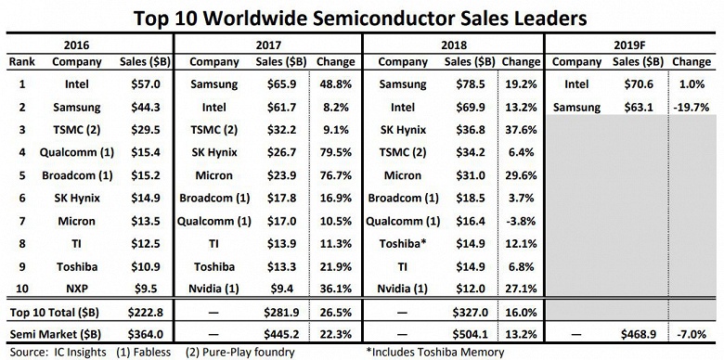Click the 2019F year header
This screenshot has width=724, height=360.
click(634, 44)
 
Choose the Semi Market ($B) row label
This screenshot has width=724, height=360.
click(58, 331)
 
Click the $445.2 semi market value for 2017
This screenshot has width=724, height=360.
click(290, 331)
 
